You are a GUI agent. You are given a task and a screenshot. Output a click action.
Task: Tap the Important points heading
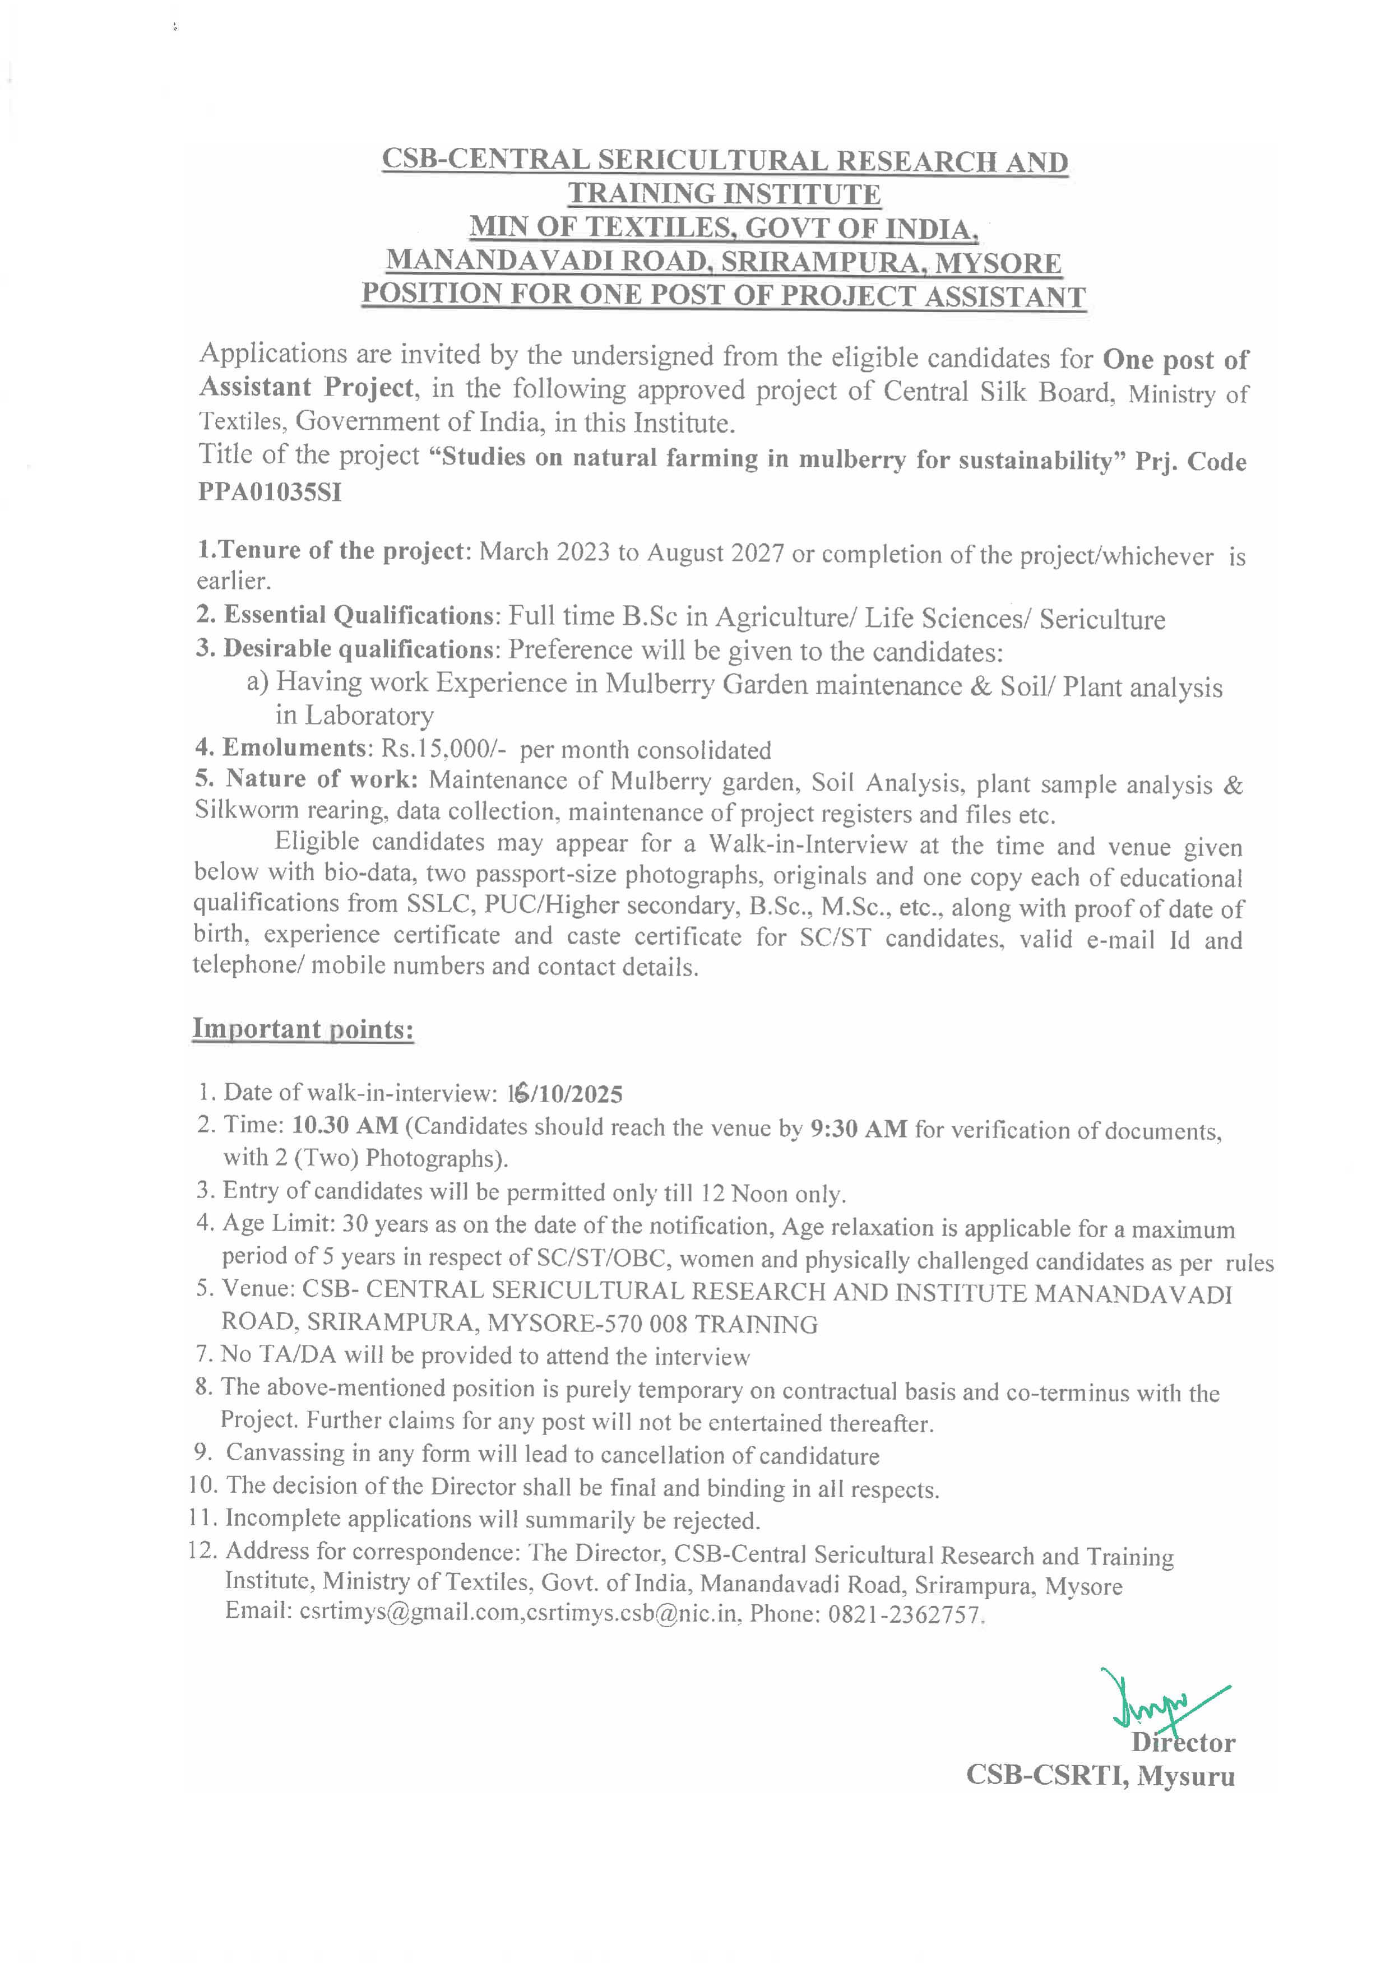click(303, 1029)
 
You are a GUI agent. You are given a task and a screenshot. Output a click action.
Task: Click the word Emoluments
click(294, 748)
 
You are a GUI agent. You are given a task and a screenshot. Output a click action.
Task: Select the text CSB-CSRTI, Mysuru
click(1100, 1776)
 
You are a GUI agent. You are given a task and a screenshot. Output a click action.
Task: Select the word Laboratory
click(354, 716)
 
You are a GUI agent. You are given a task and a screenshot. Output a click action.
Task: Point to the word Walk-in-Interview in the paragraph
click(807, 844)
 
